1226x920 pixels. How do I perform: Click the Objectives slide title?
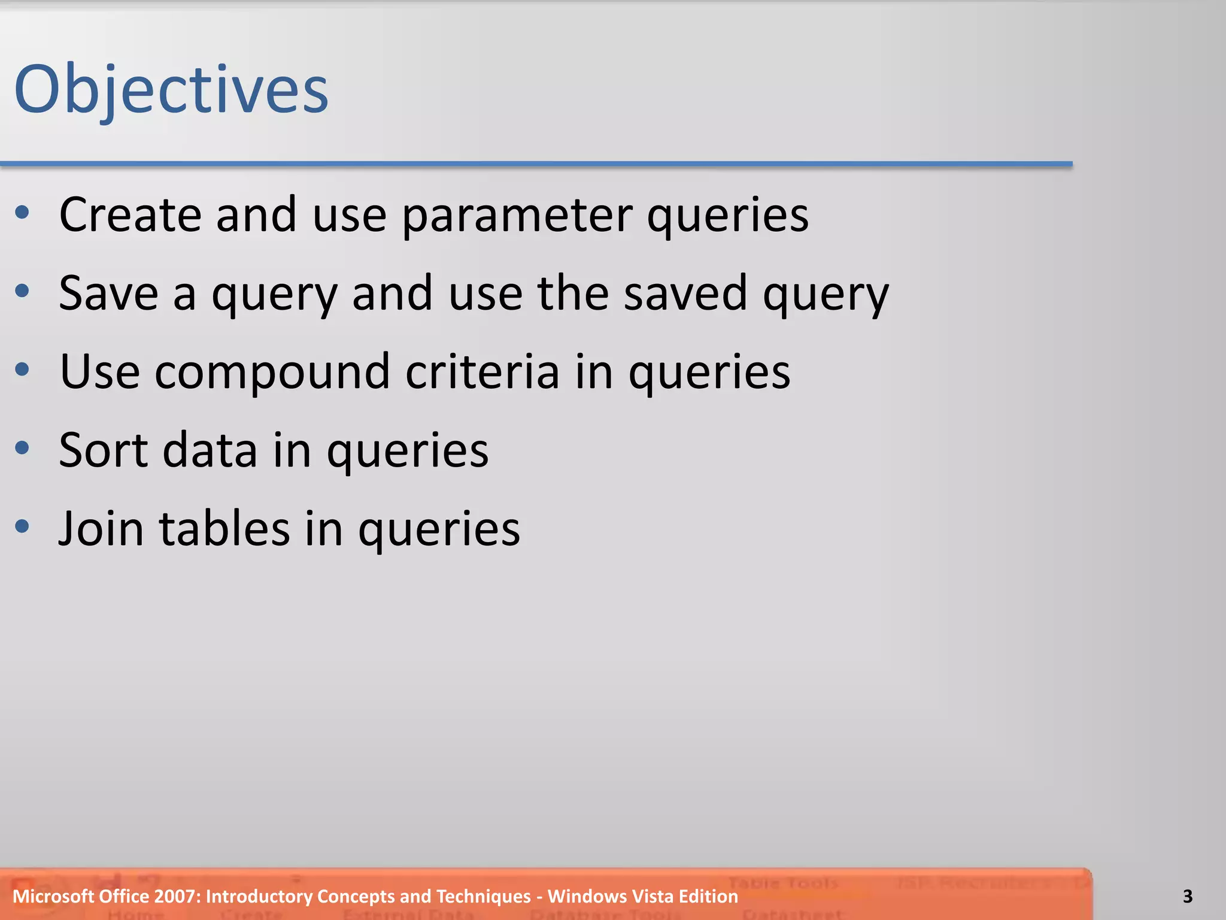pos(171,90)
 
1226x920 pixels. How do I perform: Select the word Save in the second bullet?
pos(108,293)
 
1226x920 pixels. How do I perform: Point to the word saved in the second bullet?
pos(685,293)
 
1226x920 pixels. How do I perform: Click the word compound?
pos(272,372)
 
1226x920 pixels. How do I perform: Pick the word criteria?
pos(482,372)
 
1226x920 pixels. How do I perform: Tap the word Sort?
pos(102,450)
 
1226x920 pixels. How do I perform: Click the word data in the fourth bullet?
pos(210,450)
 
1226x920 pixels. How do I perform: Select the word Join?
pos(101,529)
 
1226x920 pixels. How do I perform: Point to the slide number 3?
pos(1188,897)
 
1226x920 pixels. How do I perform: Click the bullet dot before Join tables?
pos(22,526)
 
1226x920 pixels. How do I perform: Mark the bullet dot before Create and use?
pos(22,212)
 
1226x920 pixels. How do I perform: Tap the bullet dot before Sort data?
pos(22,447)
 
